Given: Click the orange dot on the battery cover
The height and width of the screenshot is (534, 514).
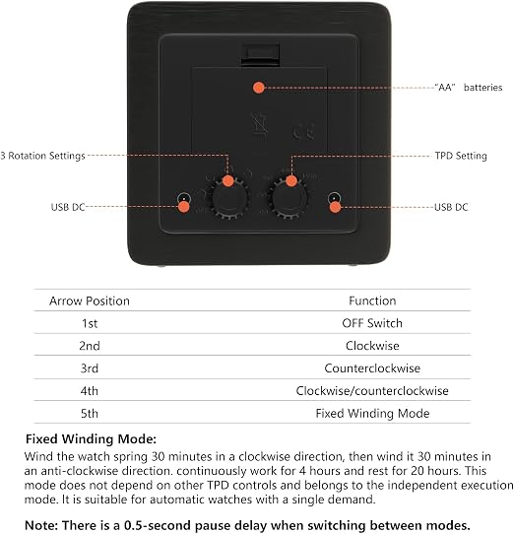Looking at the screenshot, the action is coord(259,88).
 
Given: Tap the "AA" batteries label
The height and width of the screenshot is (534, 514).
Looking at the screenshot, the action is coord(469,88).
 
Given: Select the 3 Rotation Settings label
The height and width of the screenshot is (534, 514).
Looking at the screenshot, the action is coord(42,156).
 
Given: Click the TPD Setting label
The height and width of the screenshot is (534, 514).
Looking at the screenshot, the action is coord(461,156).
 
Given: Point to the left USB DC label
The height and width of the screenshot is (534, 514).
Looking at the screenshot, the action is coord(68,207).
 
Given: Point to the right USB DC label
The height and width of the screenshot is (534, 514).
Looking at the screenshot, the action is coord(451,207).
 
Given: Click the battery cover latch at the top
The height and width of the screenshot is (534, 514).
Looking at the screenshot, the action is coord(260,54).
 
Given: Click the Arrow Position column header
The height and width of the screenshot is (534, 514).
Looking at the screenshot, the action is coord(90,301).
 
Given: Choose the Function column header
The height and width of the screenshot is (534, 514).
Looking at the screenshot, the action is coord(372,300).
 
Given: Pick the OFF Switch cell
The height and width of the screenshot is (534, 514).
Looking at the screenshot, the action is coord(372,323).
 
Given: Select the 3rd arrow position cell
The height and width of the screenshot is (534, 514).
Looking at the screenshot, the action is coord(90,368).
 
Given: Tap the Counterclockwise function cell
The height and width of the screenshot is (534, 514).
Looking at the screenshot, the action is coord(372,368).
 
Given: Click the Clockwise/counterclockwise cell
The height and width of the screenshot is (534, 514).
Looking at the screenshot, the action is coord(372,390).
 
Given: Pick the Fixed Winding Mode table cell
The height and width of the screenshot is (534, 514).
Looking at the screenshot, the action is coord(372,414).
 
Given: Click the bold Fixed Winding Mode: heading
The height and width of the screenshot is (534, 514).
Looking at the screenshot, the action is coord(91,439).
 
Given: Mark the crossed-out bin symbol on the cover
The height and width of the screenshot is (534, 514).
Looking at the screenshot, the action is coord(259,123).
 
